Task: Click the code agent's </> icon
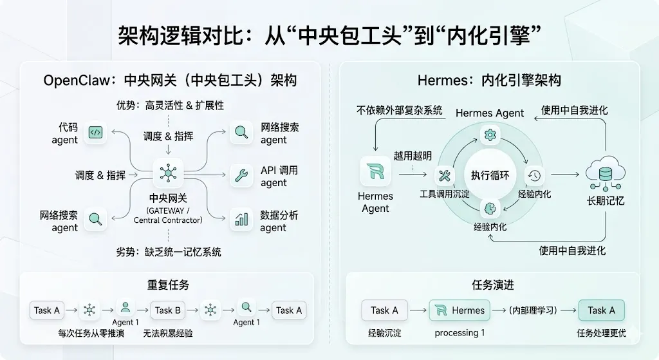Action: click(95, 133)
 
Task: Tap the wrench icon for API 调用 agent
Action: click(241, 175)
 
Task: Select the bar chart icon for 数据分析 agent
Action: click(241, 220)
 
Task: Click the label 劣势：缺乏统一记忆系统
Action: click(169, 252)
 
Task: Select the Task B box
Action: click(167, 310)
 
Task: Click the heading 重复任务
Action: click(168, 285)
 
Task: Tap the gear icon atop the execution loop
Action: click(490, 135)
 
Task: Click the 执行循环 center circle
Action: click(490, 175)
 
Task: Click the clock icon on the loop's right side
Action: click(534, 175)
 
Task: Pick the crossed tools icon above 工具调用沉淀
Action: click(445, 175)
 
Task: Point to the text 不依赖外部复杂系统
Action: click(400, 110)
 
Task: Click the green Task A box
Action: click(601, 310)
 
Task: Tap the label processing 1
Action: click(459, 333)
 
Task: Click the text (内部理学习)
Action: click(532, 310)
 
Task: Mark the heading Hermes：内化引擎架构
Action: click(489, 81)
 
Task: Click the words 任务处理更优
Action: click(601, 333)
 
